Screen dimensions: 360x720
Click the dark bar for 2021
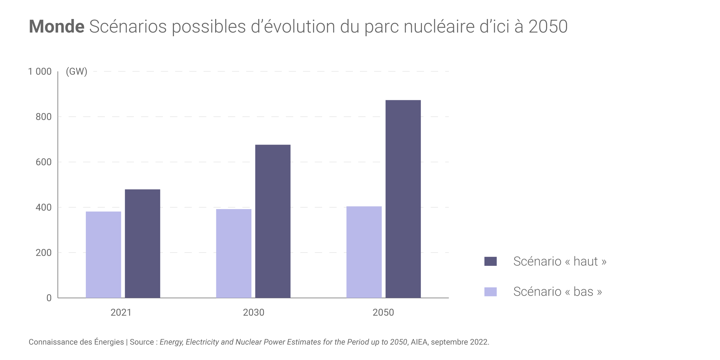pyautogui.click(x=143, y=243)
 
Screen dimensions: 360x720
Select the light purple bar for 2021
pyautogui.click(x=103, y=255)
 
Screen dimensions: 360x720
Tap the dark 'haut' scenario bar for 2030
pyautogui.click(x=273, y=221)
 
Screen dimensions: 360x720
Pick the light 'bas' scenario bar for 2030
pyautogui.click(x=234, y=253)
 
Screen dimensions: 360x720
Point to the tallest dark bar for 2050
pyautogui.click(x=403, y=199)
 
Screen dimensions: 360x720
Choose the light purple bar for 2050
pyautogui.click(x=364, y=252)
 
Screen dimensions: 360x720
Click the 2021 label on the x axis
pyautogui.click(x=121, y=312)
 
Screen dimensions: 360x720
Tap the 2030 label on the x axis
pyautogui.click(x=253, y=312)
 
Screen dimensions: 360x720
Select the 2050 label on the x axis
pyautogui.click(x=383, y=312)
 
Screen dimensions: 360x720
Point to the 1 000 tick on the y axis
pyautogui.click(x=40, y=71)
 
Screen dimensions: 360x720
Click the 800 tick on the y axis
pyautogui.click(x=43, y=117)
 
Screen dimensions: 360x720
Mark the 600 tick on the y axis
pyautogui.click(x=43, y=162)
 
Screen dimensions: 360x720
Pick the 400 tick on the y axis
pyautogui.click(x=43, y=207)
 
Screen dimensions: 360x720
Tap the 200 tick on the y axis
pyautogui.click(x=43, y=253)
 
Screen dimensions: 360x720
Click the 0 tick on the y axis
pyautogui.click(x=49, y=298)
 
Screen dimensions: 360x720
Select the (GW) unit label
pyautogui.click(x=76, y=71)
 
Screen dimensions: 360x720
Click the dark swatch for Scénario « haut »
pyautogui.click(x=490, y=261)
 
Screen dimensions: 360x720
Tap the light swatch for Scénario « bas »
pyautogui.click(x=490, y=292)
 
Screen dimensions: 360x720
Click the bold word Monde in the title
pyautogui.click(x=56, y=26)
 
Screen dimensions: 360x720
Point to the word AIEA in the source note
pyautogui.click(x=419, y=342)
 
